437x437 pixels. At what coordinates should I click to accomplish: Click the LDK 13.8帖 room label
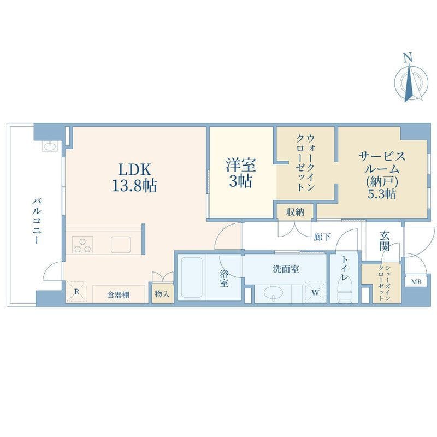coord(134,177)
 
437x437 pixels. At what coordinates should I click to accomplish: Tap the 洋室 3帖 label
coord(241,173)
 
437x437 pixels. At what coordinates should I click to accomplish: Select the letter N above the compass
coord(408,58)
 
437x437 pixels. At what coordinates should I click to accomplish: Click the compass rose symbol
coord(411,82)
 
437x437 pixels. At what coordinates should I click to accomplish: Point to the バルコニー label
coord(37,221)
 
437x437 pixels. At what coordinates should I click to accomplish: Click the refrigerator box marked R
coord(76,292)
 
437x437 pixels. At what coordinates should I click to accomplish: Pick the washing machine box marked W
coord(316,292)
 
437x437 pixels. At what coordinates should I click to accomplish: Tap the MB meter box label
coord(416,282)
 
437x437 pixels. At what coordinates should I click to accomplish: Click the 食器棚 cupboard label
coord(119,295)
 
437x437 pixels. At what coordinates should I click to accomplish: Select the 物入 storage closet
coord(163,294)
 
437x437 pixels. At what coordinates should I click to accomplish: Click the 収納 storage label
coord(295,212)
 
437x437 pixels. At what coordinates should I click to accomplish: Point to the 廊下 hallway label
coord(322,237)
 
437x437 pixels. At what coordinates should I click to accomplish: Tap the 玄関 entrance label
coord(385,241)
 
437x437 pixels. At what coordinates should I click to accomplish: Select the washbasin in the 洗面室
coord(273,293)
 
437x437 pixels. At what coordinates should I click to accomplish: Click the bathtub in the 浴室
coord(192,277)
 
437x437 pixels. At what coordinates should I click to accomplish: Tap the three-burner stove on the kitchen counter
coord(82,245)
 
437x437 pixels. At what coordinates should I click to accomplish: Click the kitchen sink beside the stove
coord(121,245)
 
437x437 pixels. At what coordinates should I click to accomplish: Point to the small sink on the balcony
coord(50,146)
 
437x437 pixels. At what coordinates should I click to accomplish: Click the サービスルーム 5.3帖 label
coord(382,175)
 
